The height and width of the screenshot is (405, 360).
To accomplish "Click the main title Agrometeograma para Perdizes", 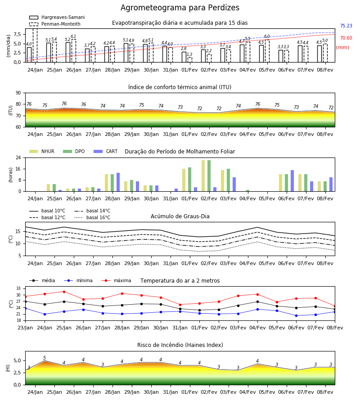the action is pos(180,8).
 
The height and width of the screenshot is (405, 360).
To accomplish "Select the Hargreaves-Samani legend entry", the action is pos(57,17).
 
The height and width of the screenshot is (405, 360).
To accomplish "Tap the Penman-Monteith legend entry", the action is pos(55,24).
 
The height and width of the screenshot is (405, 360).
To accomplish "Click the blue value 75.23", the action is pos(346,26).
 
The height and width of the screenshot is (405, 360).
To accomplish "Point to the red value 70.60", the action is pos(346,38).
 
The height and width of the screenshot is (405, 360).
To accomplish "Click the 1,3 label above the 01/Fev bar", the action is pos(189,54).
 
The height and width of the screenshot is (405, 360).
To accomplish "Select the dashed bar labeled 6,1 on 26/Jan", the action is pos(74,51).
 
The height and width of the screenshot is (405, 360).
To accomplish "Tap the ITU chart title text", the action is pos(180,87).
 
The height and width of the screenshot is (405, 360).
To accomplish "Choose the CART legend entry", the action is pos(106,151).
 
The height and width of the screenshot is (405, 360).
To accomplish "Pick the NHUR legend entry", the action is pos(42,151).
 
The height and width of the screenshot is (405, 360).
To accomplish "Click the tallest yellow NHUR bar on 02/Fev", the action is pos(203,176).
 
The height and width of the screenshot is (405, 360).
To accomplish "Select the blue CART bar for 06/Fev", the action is pos(292,181).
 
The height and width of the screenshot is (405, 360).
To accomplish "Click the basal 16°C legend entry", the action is pos(92,217).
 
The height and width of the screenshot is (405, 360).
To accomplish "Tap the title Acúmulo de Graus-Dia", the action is pos(180,216).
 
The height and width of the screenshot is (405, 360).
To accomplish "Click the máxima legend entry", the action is pos(117,280).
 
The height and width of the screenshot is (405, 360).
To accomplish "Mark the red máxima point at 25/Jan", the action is pos(64,292).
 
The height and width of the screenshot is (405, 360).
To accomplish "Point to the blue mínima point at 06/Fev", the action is pos(296,315).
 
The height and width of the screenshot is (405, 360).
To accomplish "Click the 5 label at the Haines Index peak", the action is pos(45,358).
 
